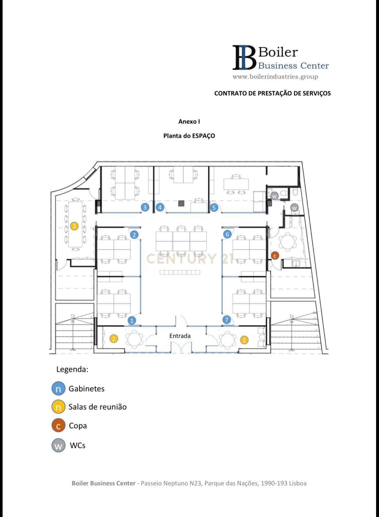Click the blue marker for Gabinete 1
click(132, 321)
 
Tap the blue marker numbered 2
click(134, 235)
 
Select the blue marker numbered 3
click(145, 207)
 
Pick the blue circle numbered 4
click(160, 207)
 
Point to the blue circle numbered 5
click(213, 207)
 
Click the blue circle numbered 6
click(227, 234)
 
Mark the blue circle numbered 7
click(227, 320)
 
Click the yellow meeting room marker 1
click(244, 340)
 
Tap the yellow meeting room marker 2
click(113, 339)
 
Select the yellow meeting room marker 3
click(74, 226)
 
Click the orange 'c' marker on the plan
click(275, 256)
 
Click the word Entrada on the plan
click(180, 336)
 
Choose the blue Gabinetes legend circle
click(58, 388)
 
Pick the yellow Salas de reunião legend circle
click(58, 407)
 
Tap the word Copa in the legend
click(78, 426)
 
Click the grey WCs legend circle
click(58, 445)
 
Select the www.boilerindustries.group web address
click(275, 76)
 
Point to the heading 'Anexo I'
click(189, 122)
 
